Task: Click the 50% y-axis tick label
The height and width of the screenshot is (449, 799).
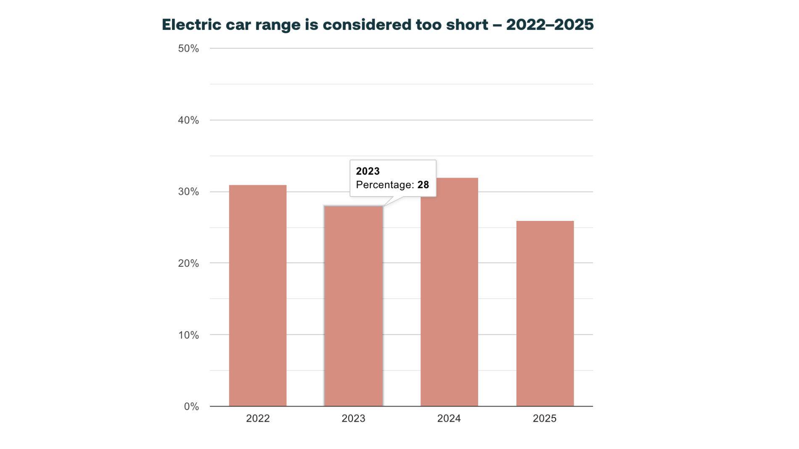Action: point(188,49)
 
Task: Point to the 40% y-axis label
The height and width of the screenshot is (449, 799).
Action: point(188,121)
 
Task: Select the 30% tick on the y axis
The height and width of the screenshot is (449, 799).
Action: point(188,192)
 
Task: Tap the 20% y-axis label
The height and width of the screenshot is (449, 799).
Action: point(188,263)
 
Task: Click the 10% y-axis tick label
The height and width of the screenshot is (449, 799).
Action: point(188,335)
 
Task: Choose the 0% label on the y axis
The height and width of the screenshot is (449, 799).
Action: point(191,407)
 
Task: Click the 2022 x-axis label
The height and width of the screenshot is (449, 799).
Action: point(257,418)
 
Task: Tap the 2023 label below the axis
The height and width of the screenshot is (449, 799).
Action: point(353,418)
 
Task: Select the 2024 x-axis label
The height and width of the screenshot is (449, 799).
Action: point(449,418)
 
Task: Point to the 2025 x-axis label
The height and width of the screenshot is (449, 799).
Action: point(545,418)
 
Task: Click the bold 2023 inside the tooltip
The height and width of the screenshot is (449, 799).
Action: point(368,171)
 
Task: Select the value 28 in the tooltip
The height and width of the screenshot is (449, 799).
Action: point(423,185)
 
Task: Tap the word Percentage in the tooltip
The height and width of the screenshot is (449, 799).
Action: point(384,185)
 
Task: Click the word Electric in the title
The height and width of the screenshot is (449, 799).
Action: point(191,25)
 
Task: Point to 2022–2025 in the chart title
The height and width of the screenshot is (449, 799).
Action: point(550,25)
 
